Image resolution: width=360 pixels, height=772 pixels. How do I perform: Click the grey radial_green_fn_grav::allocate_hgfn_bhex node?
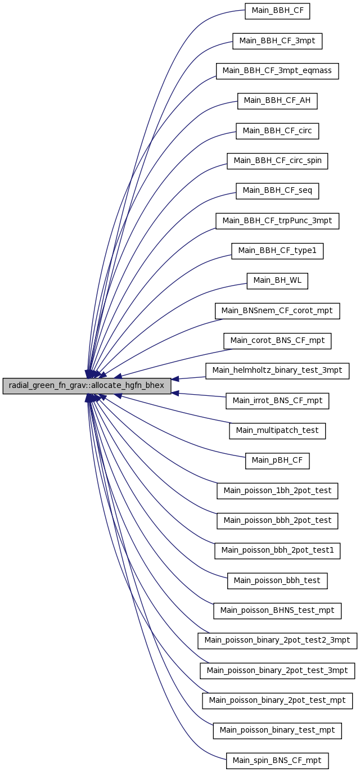(x=87, y=386)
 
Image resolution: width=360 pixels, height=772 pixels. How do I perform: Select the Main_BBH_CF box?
(x=277, y=11)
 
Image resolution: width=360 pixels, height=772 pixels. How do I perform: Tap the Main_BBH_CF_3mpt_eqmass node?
(x=277, y=71)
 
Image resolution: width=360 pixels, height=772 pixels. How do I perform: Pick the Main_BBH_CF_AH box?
(x=277, y=101)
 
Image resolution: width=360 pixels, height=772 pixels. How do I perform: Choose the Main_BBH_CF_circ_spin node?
(x=277, y=161)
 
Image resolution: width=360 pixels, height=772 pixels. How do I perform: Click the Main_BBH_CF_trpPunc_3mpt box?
(x=277, y=221)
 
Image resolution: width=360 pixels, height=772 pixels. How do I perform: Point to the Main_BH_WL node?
(x=277, y=281)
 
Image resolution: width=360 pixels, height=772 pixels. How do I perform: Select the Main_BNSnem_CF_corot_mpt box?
(x=277, y=311)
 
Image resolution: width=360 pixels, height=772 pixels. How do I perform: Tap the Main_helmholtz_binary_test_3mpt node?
(x=277, y=371)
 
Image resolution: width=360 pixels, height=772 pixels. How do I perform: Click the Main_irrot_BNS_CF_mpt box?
(x=277, y=401)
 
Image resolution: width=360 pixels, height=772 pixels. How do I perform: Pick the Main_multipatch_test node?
(x=277, y=431)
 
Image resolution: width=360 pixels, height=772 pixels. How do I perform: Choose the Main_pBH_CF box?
(x=277, y=461)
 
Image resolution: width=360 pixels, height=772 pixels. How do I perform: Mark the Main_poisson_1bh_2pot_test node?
(x=277, y=491)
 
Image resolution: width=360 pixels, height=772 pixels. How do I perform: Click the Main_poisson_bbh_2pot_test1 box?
(x=277, y=550)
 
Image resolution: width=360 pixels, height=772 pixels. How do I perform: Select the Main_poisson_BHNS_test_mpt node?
(x=277, y=611)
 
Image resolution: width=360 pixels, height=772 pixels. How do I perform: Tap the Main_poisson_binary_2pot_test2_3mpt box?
(x=277, y=640)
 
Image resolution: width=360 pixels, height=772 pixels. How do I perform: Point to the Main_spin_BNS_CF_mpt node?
(x=277, y=761)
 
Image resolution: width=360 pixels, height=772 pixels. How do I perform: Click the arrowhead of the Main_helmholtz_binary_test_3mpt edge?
(x=175, y=379)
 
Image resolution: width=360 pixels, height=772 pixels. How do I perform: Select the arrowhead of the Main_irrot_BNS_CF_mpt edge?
(x=175, y=393)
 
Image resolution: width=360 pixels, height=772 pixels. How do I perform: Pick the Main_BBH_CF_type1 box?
(x=277, y=251)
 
